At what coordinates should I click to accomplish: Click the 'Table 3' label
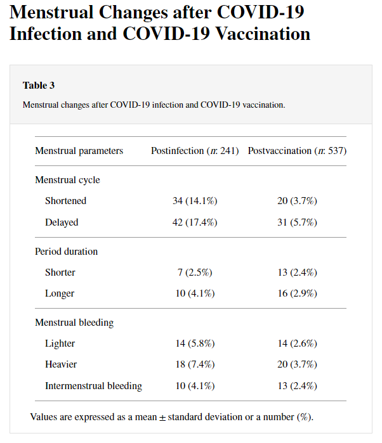39,86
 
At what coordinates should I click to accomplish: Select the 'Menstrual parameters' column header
79,151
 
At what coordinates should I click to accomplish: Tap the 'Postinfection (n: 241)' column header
194,151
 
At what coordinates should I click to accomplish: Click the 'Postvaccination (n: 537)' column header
297,151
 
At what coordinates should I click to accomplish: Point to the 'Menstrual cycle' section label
67,180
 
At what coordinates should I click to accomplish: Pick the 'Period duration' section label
66,252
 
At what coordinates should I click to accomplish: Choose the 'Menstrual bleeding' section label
74,323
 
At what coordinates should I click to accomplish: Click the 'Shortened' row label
65,201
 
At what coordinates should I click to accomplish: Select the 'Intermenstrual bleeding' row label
93,386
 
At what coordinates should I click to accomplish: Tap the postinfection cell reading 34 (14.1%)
195,201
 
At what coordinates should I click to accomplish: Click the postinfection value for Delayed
195,222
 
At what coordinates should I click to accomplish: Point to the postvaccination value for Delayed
297,222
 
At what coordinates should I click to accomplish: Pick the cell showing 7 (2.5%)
195,273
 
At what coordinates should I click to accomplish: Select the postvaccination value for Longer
297,293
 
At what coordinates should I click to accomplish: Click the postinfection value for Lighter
195,343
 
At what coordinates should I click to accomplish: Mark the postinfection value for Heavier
195,364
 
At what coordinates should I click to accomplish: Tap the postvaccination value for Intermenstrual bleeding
297,386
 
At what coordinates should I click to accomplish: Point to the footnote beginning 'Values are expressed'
171,417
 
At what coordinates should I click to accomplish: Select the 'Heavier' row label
62,364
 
